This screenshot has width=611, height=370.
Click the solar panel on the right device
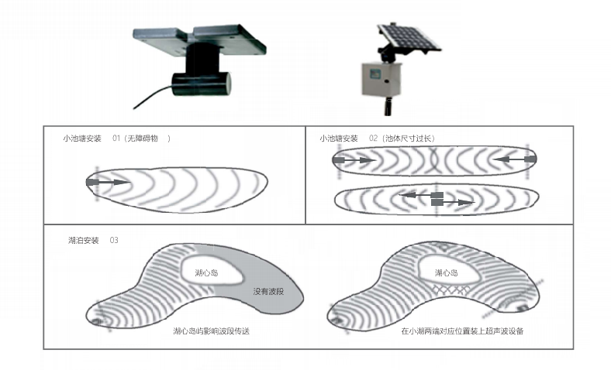tap(409, 37)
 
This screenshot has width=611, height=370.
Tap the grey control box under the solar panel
tap(381, 80)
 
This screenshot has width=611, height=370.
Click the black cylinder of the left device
tap(202, 84)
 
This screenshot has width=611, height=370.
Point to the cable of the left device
tap(153, 98)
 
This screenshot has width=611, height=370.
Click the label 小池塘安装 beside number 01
tap(82, 139)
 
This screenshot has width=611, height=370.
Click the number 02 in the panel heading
tap(373, 139)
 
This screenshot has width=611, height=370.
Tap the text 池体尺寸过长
tap(409, 139)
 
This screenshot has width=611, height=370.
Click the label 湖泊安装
tap(84, 241)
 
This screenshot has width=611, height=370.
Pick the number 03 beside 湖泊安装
tap(114, 241)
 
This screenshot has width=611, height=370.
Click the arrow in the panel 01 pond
tap(108, 182)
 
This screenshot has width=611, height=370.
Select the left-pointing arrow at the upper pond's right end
tap(514, 159)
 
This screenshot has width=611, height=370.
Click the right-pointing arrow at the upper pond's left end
tap(354, 160)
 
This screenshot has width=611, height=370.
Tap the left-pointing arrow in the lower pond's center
tap(421, 195)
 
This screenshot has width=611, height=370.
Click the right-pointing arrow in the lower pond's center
tap(453, 202)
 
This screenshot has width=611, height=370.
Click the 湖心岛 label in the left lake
tap(206, 272)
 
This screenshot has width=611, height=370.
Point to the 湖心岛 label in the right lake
tap(446, 272)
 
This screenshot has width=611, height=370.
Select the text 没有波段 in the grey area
tap(268, 291)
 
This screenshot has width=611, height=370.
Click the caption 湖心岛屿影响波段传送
tap(211, 331)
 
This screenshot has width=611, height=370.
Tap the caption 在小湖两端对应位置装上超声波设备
tap(462, 331)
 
